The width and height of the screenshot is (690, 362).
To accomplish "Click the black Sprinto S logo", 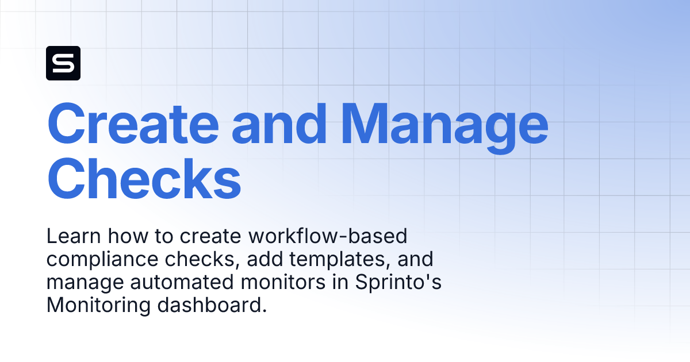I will (63, 63).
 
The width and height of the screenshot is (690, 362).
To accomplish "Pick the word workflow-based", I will (328, 236).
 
